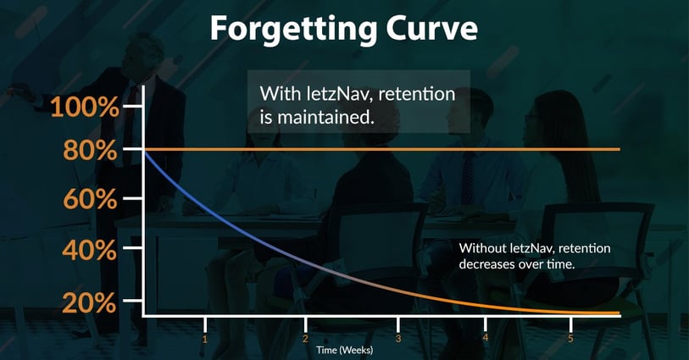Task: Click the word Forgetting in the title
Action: (x=294, y=29)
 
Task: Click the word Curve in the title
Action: (x=432, y=27)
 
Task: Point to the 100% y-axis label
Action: (x=85, y=107)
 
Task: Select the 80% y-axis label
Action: (x=91, y=150)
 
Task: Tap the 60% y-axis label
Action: (x=90, y=199)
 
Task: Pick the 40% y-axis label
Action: (x=90, y=250)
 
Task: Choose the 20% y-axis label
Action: (x=89, y=302)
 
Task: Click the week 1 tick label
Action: (x=205, y=339)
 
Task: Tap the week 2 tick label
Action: (x=305, y=339)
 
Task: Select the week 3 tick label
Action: (x=398, y=339)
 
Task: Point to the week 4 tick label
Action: (x=485, y=339)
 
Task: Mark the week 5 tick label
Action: (x=571, y=339)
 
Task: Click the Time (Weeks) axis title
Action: (x=344, y=350)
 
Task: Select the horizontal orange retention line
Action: (x=381, y=149)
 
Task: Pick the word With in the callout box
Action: (x=276, y=94)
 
